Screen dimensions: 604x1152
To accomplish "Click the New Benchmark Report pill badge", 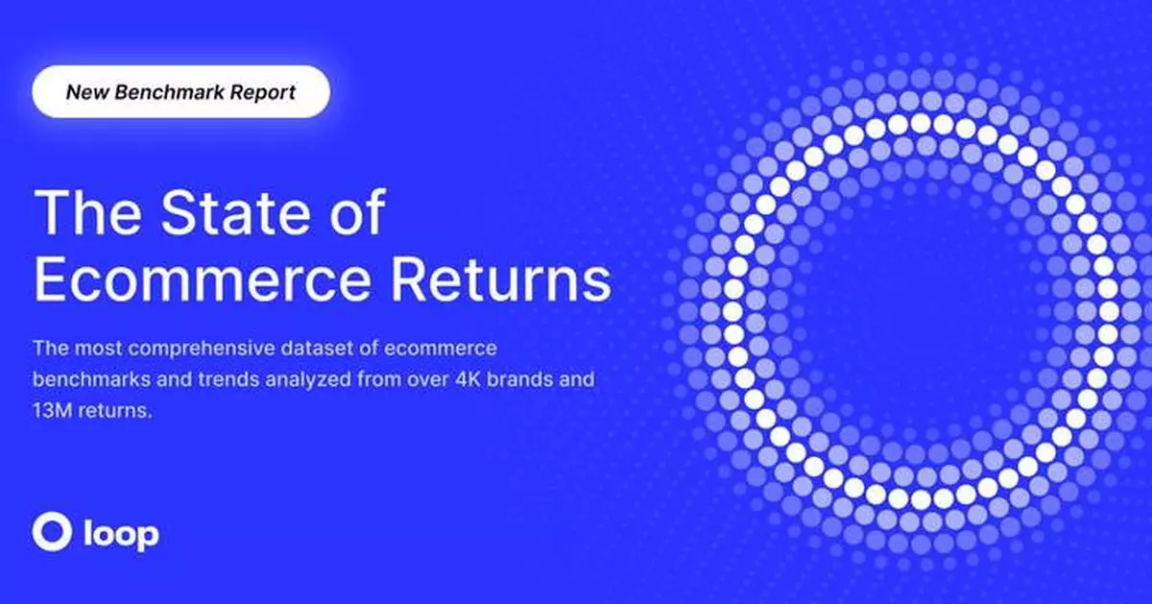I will [180, 93].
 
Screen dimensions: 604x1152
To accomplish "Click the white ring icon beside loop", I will [50, 531].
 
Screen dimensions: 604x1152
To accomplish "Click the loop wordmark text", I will [119, 533].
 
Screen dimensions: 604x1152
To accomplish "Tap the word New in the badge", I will [84, 93].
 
